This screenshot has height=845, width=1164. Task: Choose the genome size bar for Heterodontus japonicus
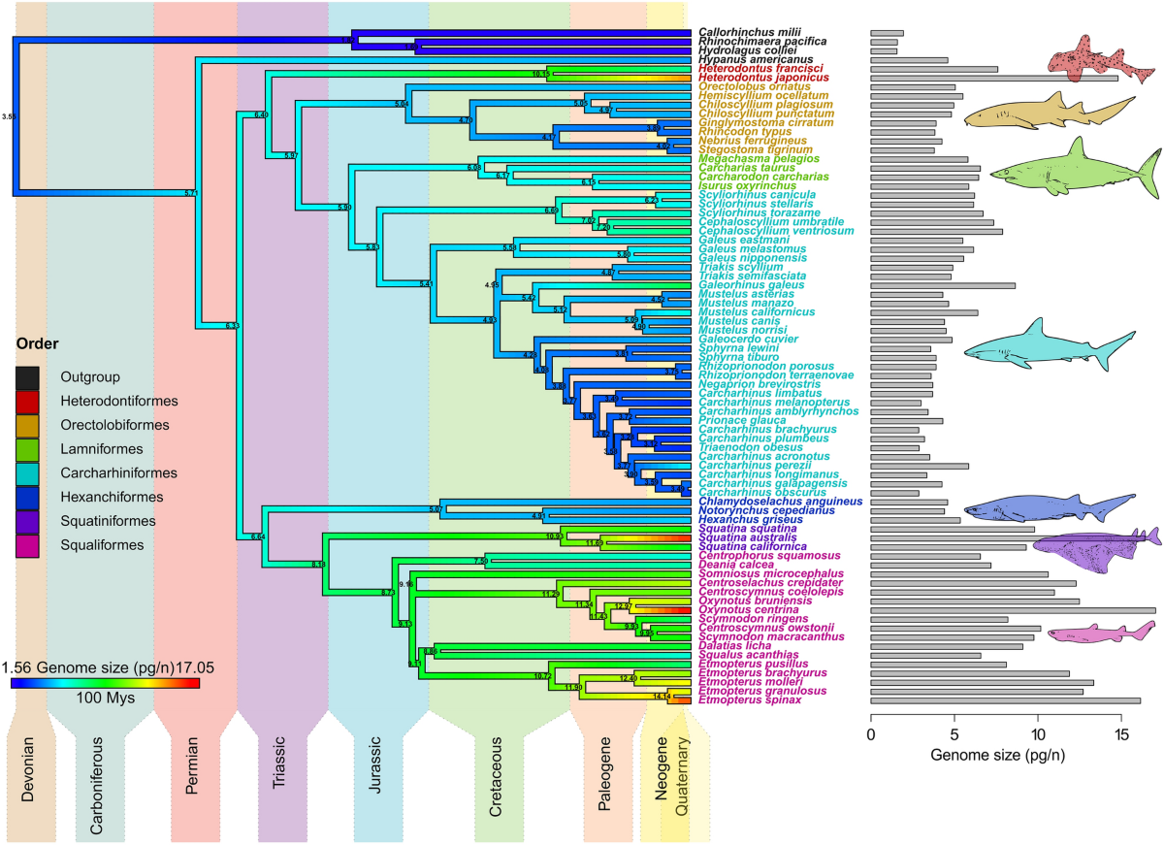[x=993, y=78]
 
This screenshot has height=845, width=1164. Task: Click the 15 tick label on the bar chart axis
[x=1121, y=735]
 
